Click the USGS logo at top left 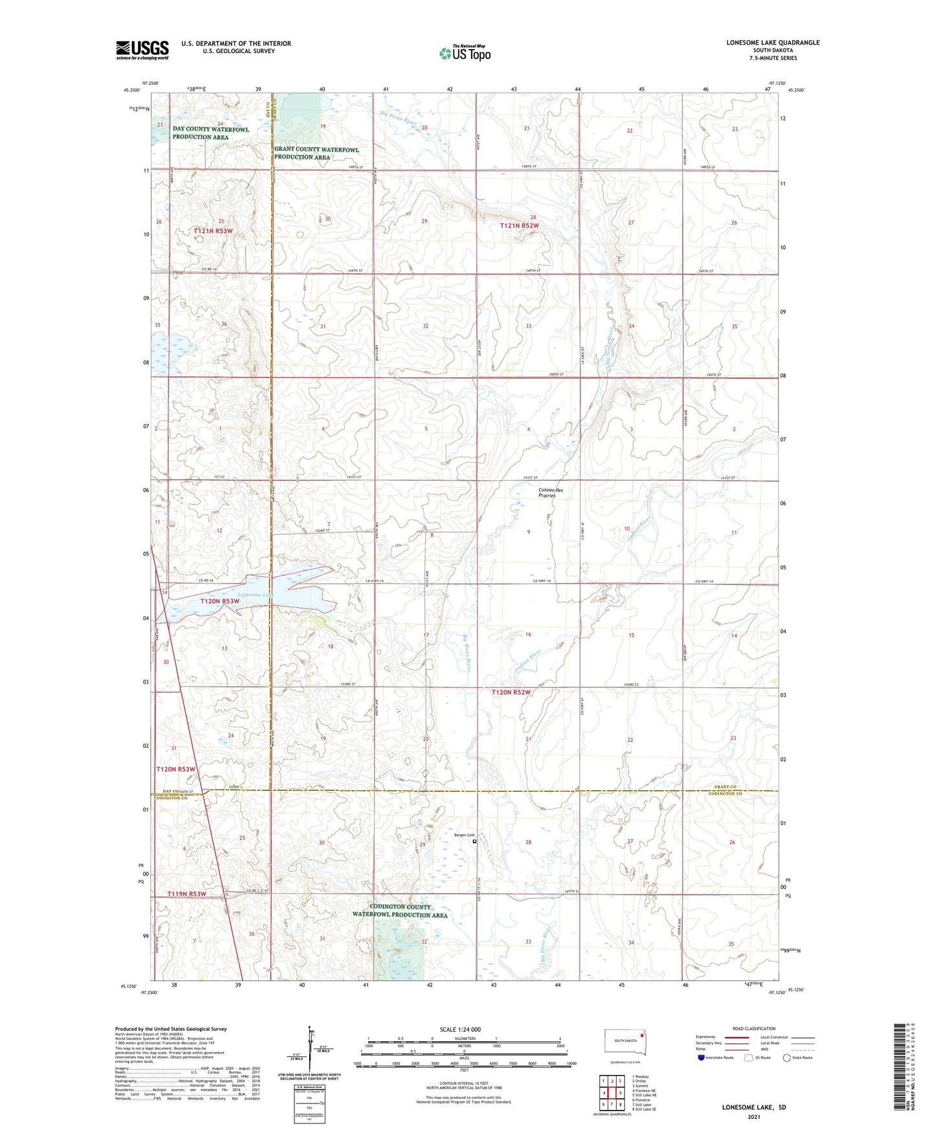click(x=142, y=49)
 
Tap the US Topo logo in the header click(x=465, y=52)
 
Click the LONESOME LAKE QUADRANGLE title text click(x=773, y=43)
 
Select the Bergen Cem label click(x=465, y=835)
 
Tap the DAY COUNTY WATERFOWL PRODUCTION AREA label click(x=210, y=133)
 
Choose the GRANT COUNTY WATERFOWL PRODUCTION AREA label click(x=316, y=153)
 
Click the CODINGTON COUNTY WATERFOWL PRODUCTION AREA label click(x=400, y=911)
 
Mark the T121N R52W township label click(x=519, y=225)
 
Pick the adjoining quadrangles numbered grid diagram click(x=611, y=1091)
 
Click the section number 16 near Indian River click(x=528, y=634)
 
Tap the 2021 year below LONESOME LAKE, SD click(x=753, y=1116)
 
